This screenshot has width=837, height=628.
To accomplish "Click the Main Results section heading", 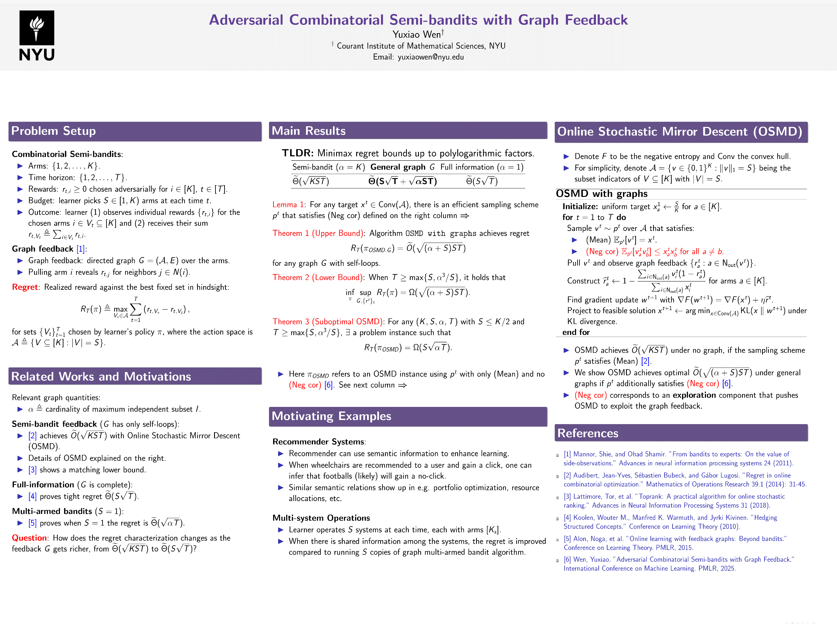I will coord(308,131).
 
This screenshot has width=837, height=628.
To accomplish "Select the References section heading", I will coord(588,433).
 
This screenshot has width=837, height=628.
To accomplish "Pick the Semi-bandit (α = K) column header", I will coord(328,167).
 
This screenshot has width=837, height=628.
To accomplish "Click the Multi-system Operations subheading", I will coord(321,518).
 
